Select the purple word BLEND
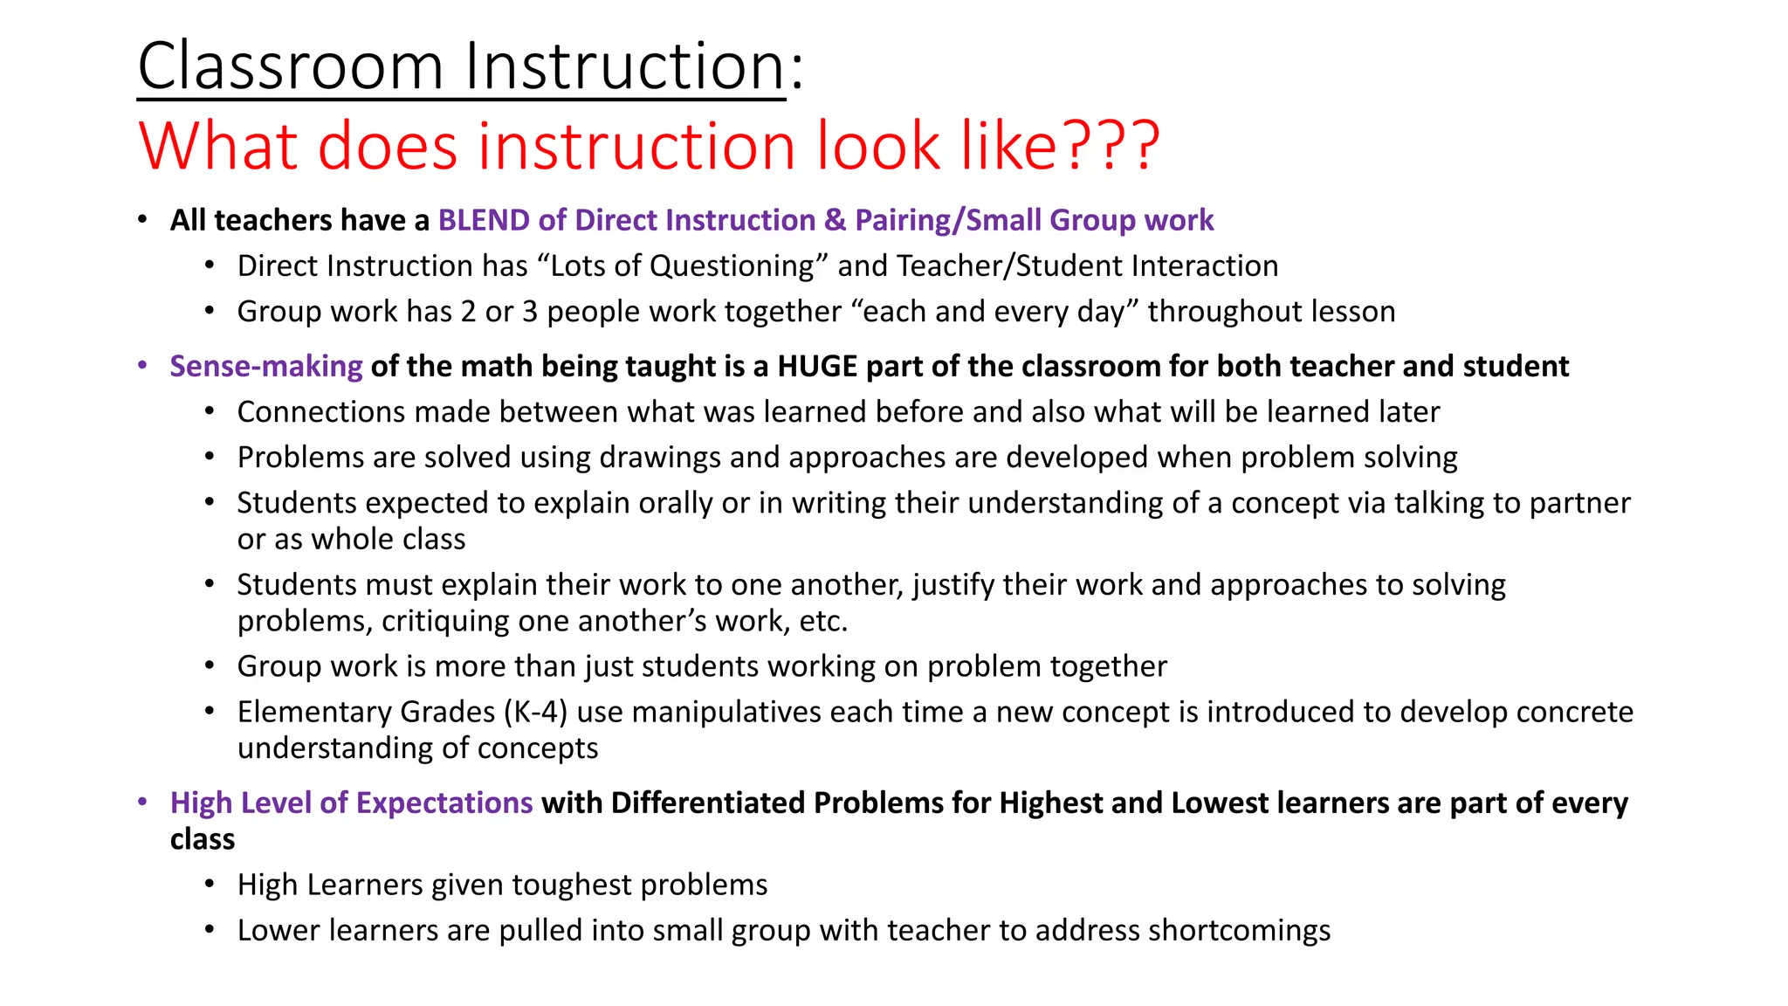tap(484, 220)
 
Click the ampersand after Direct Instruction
tap(835, 220)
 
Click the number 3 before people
tap(530, 312)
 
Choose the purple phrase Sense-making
tap(266, 366)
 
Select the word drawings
tap(662, 457)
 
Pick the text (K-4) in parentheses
tap(536, 712)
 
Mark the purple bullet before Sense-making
tap(142, 366)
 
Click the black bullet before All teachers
tap(142, 220)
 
